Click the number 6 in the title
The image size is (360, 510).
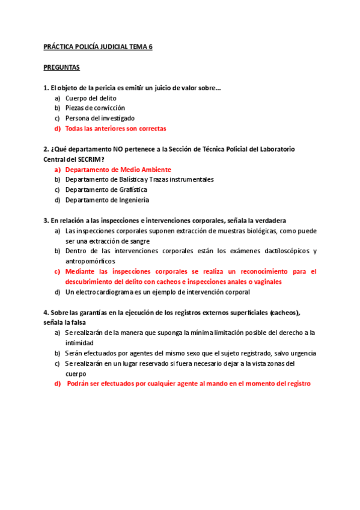(x=150, y=46)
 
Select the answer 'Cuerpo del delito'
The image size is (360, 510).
(x=91, y=98)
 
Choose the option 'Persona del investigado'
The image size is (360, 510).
(x=100, y=118)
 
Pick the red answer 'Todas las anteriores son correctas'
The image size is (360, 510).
(x=115, y=129)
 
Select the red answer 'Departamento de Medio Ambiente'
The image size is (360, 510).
(x=118, y=170)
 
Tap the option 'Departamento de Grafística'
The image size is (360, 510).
(x=106, y=190)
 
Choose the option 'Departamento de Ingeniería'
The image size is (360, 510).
(x=107, y=200)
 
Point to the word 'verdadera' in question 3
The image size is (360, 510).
(x=271, y=221)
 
